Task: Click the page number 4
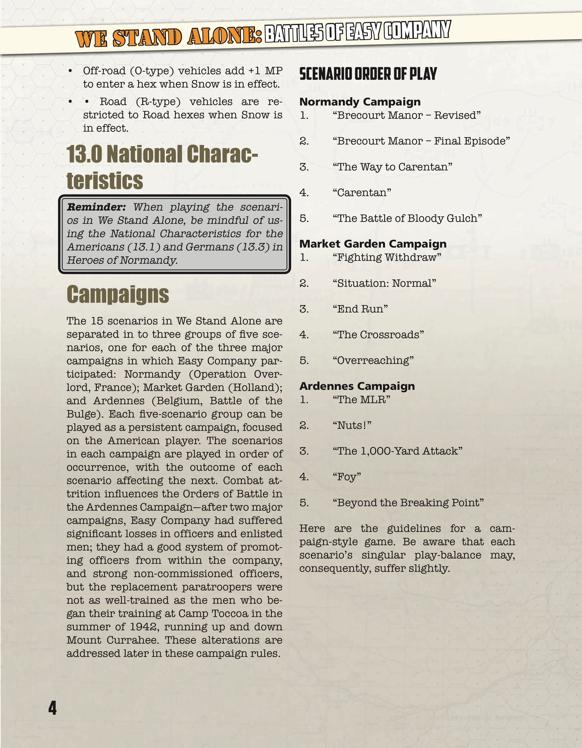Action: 52,708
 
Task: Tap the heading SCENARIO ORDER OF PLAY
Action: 368,74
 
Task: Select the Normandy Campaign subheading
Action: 360,102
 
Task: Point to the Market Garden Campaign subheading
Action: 373,244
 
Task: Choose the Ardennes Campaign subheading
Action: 357,386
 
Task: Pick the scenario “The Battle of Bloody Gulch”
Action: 407,218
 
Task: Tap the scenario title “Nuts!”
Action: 352,425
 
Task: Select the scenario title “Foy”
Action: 347,477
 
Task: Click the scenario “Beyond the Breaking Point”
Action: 408,502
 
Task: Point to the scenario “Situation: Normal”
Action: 384,283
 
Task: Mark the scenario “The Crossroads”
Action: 378,335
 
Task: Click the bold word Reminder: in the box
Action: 96,207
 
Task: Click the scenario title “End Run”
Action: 360,309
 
